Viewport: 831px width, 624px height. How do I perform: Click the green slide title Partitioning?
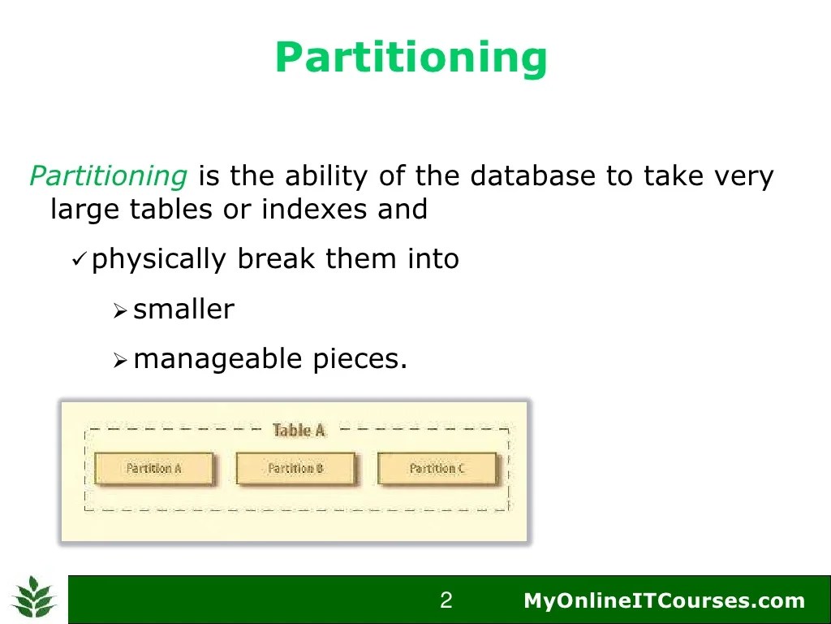tap(411, 58)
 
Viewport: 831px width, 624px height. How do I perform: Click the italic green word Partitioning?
tap(109, 175)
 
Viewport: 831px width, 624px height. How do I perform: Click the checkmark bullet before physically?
tap(79, 260)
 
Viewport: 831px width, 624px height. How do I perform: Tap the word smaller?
tap(183, 310)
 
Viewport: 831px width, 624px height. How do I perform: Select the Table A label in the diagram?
tap(299, 431)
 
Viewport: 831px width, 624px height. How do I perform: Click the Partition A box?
tap(154, 469)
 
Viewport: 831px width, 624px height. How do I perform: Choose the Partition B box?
tap(295, 469)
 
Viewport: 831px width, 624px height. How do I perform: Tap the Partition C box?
tap(437, 469)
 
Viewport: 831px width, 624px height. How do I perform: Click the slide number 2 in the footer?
tap(446, 601)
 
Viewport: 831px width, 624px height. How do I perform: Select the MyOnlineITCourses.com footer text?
tap(664, 601)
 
